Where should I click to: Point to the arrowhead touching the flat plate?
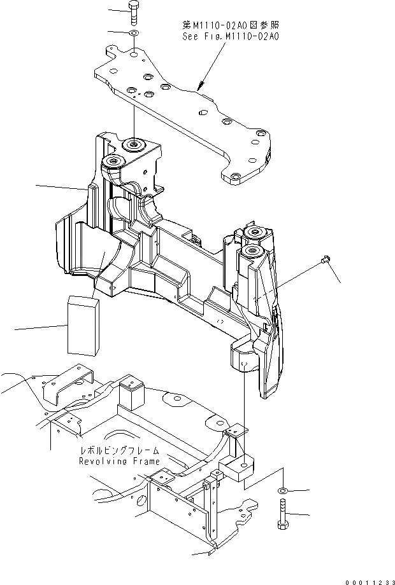(x=199, y=86)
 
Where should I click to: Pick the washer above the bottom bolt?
(x=282, y=491)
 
